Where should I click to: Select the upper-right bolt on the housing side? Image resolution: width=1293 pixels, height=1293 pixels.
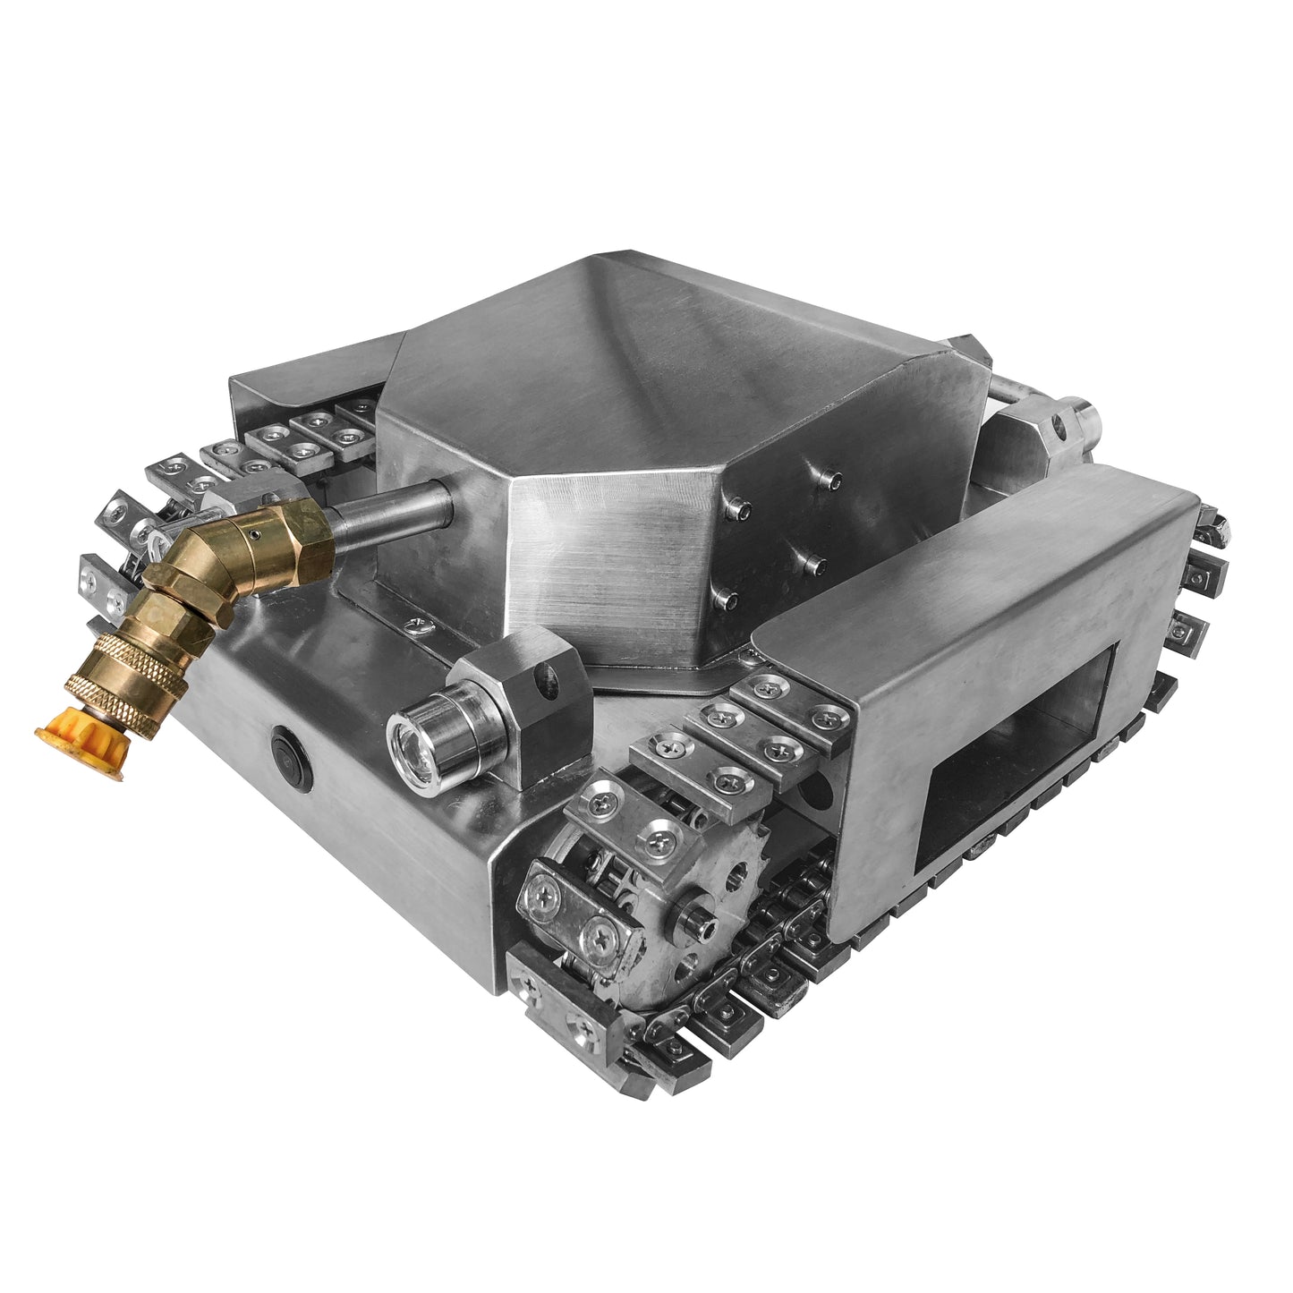pyautogui.click(x=834, y=481)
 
